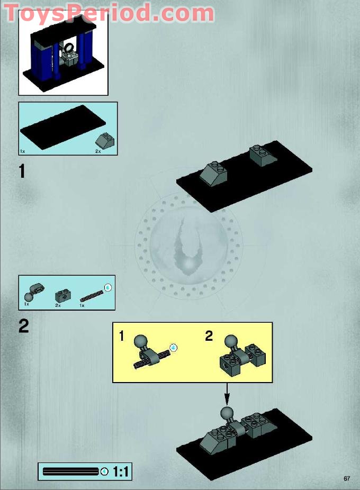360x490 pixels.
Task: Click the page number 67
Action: click(x=347, y=478)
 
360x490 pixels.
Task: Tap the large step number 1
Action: click(x=22, y=171)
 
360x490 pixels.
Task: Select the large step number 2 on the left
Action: click(x=23, y=326)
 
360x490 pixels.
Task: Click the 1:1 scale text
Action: click(x=121, y=472)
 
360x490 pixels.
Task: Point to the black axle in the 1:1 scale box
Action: click(x=70, y=471)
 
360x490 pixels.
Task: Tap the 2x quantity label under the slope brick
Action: click(x=98, y=151)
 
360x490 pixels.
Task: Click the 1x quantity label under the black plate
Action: click(x=23, y=151)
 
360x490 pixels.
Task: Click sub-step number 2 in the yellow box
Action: click(x=209, y=336)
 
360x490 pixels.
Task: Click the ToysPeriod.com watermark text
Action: click(x=109, y=13)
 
